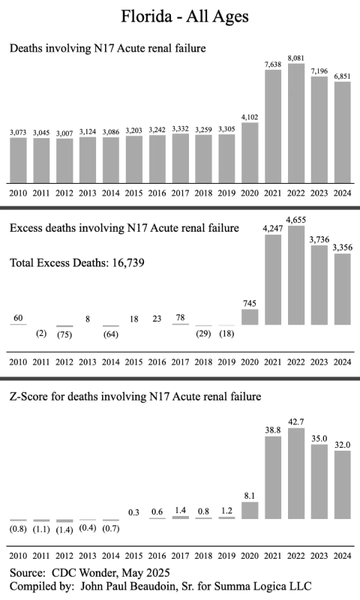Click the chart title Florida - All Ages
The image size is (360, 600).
(x=184, y=16)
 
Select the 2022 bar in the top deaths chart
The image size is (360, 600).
(x=296, y=123)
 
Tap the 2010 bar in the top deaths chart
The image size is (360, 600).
(x=18, y=160)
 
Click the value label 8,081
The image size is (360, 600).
(x=296, y=58)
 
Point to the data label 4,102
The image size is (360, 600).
(x=250, y=117)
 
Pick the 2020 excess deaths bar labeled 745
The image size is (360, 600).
(x=250, y=316)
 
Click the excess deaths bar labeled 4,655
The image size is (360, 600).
(x=296, y=275)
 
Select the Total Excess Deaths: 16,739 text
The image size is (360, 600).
(x=77, y=263)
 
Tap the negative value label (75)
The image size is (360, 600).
(x=64, y=334)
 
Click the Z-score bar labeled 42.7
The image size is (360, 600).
(x=296, y=473)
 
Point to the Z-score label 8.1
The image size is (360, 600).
(x=250, y=496)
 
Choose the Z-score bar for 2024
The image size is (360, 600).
(x=343, y=484)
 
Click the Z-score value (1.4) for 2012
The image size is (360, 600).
(x=64, y=530)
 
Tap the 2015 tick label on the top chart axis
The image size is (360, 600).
(x=134, y=193)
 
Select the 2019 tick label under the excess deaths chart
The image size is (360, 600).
(x=226, y=362)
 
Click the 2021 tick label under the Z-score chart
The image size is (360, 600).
(x=273, y=556)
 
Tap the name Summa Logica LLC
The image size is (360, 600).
(x=262, y=586)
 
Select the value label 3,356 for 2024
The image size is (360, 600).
(x=343, y=247)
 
